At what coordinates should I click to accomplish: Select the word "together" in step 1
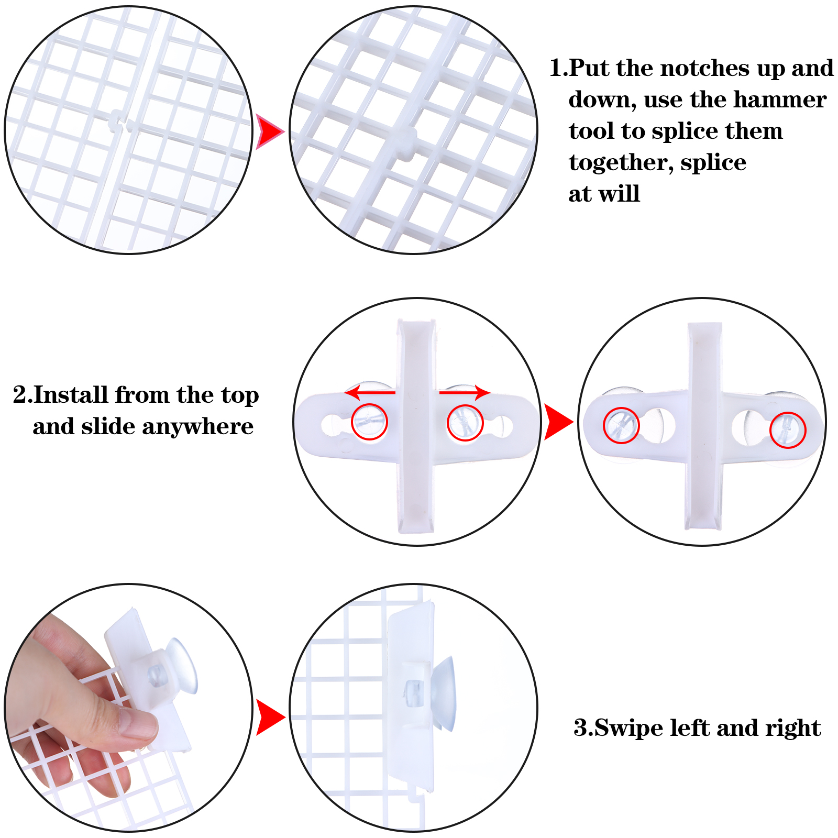coord(621,163)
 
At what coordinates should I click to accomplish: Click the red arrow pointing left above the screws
coord(370,392)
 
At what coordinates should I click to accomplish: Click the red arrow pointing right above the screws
coord(465,392)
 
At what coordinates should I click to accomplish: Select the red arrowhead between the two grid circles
coord(269,131)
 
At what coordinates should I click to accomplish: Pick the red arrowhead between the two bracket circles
coord(558,422)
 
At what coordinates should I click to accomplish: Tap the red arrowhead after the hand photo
coord(270,717)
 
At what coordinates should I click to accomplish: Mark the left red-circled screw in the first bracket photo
coord(369,422)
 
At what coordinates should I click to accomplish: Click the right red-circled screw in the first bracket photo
coord(465,423)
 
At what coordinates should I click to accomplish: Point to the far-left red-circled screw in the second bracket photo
coord(621,425)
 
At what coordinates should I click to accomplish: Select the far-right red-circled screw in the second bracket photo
coord(788,430)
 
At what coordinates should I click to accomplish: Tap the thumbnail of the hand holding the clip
coord(129,708)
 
